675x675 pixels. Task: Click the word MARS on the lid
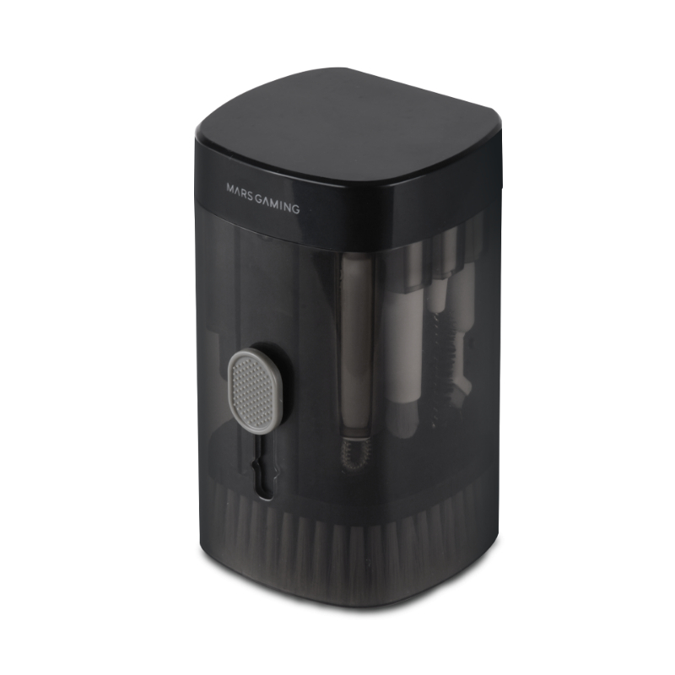tap(237, 191)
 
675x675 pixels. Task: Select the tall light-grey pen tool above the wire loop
tap(357, 344)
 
